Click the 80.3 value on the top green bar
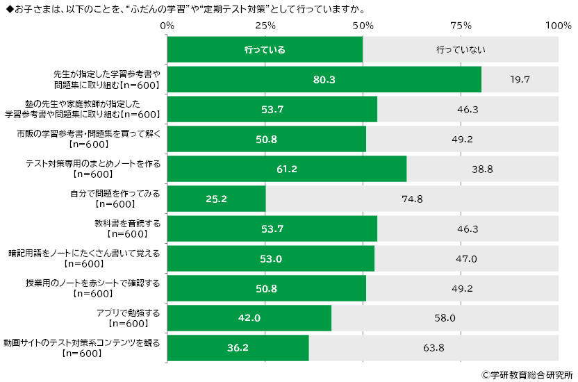pyautogui.click(x=324, y=80)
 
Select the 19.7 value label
pyautogui.click(x=520, y=80)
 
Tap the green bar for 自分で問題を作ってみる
pyautogui.click(x=216, y=199)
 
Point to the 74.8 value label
pyautogui.click(x=412, y=199)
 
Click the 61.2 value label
pyautogui.click(x=286, y=169)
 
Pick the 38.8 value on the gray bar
pyautogui.click(x=482, y=169)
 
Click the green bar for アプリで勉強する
pyautogui.click(x=249, y=318)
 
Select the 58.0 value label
pyautogui.click(x=445, y=318)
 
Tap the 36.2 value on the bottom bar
pyautogui.click(x=238, y=348)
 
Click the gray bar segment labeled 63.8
pyautogui.click(x=433, y=348)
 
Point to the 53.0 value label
pyautogui.click(x=271, y=258)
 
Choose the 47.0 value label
pyautogui.click(x=466, y=258)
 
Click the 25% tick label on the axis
pyautogui.click(x=265, y=26)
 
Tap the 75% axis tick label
pyautogui.click(x=461, y=26)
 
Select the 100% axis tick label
pyautogui.click(x=558, y=26)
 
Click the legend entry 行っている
pyautogui.click(x=265, y=50)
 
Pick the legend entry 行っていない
pyautogui.click(x=461, y=50)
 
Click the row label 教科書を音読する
pyautogui.click(x=127, y=224)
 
